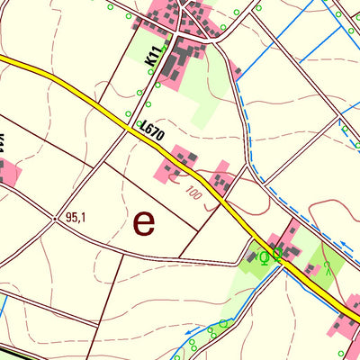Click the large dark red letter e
(x=144, y=221)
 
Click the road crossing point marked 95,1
(x=59, y=217)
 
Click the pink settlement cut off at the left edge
(x=7, y=171)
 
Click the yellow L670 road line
(x=72, y=90)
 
